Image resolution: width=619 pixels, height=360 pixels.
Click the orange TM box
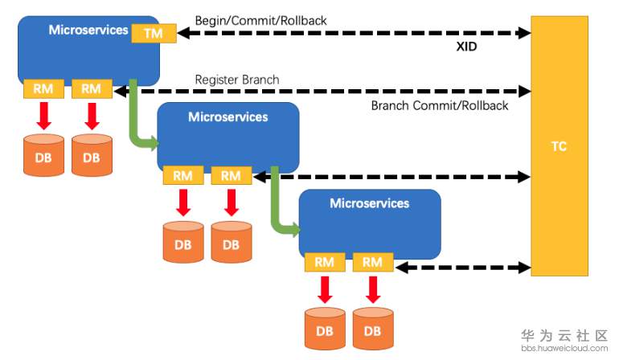click(x=154, y=33)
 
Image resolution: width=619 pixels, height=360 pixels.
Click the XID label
click(x=465, y=47)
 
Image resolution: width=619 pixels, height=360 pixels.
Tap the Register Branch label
click(x=237, y=80)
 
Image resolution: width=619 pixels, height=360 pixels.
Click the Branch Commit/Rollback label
click(x=439, y=106)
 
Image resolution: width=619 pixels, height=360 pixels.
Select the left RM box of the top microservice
click(x=43, y=88)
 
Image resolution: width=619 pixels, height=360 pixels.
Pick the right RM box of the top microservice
click(x=92, y=88)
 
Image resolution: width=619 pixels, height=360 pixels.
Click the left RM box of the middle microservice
click(x=183, y=175)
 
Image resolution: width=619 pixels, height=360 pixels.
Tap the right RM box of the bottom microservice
click(x=372, y=262)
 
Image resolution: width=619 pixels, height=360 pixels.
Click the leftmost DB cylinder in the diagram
click(x=43, y=156)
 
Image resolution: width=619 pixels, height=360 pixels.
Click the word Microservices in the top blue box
click(x=88, y=30)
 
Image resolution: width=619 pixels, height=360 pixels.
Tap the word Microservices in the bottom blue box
click(x=369, y=203)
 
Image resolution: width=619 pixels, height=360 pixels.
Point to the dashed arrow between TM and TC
click(x=354, y=33)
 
